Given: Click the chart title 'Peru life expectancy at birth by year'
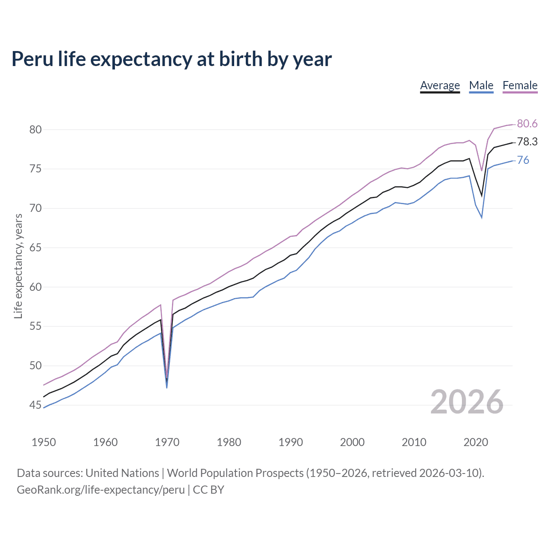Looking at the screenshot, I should [x=172, y=59].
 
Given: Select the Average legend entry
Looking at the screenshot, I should [x=440, y=85].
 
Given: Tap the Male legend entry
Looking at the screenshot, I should [x=481, y=85].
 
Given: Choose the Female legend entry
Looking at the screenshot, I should [x=520, y=85].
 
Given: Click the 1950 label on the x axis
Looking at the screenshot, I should [x=44, y=442].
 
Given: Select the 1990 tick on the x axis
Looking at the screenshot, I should [x=290, y=442].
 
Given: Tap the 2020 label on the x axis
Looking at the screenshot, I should [x=476, y=442].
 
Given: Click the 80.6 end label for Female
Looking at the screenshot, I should [x=527, y=124].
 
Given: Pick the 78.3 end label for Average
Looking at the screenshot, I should [x=527, y=142].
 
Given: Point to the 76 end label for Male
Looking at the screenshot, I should [x=523, y=160].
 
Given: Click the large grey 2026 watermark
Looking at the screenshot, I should [x=467, y=402].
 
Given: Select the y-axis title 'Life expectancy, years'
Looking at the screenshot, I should [x=18, y=266].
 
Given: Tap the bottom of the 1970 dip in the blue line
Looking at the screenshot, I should [x=166, y=387].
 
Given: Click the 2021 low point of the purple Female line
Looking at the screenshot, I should [x=482, y=170].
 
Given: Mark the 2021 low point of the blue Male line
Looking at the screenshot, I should [x=482, y=217].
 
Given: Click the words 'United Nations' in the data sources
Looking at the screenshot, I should [x=122, y=473].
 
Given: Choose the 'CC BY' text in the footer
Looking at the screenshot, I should [x=208, y=490].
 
